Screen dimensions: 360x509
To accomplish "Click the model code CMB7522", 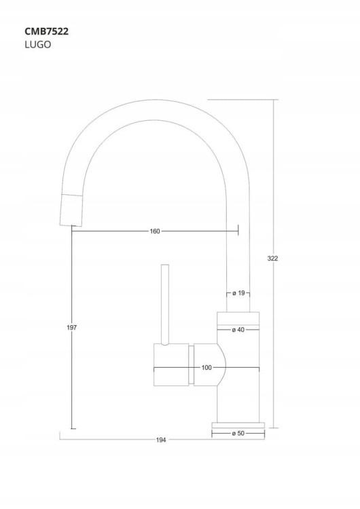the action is coord(46,31).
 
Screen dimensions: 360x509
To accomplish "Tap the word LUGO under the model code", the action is coord(37,45).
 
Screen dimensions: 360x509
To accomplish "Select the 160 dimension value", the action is coord(155,231).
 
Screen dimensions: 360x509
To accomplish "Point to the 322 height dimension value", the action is coord(272,259).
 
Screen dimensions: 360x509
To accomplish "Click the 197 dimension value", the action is coord(71,328).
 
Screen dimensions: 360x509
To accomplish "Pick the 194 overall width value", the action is coord(161,440).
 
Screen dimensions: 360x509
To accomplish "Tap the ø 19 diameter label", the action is coord(238,293).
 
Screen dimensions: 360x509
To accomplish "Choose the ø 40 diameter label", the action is coord(238,330).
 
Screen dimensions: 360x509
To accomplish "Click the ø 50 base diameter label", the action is coord(238,434).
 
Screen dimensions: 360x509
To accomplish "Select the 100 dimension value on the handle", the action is coord(206,368).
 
